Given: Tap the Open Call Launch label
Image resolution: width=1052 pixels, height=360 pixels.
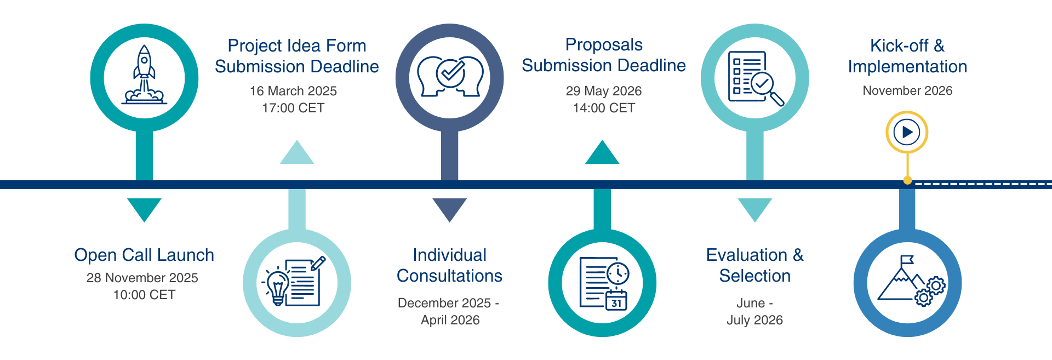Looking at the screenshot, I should pyautogui.click(x=144, y=255).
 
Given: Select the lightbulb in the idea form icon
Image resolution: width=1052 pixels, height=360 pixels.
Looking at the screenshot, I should pyautogui.click(x=277, y=285).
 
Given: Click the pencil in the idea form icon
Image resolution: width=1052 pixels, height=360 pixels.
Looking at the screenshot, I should pyautogui.click(x=318, y=264).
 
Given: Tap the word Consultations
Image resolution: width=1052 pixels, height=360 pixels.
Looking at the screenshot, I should pyautogui.click(x=449, y=276).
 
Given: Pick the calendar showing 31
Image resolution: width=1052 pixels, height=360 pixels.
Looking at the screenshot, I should pyautogui.click(x=616, y=300).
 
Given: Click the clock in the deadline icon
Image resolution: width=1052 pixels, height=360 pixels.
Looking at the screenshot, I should pyautogui.click(x=618, y=272).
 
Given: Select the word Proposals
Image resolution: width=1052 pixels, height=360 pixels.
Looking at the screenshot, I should pyautogui.click(x=604, y=44).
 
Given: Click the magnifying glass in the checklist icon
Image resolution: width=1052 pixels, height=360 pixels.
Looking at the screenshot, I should pyautogui.click(x=767, y=89).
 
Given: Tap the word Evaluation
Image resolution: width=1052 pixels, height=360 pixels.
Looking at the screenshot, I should pyautogui.click(x=747, y=255).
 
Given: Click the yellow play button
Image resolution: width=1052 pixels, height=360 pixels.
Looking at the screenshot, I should pyautogui.click(x=907, y=132).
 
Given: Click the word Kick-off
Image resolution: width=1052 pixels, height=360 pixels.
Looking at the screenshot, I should pyautogui.click(x=899, y=45).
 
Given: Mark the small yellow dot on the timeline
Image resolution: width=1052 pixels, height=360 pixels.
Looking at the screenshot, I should pyautogui.click(x=907, y=180).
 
